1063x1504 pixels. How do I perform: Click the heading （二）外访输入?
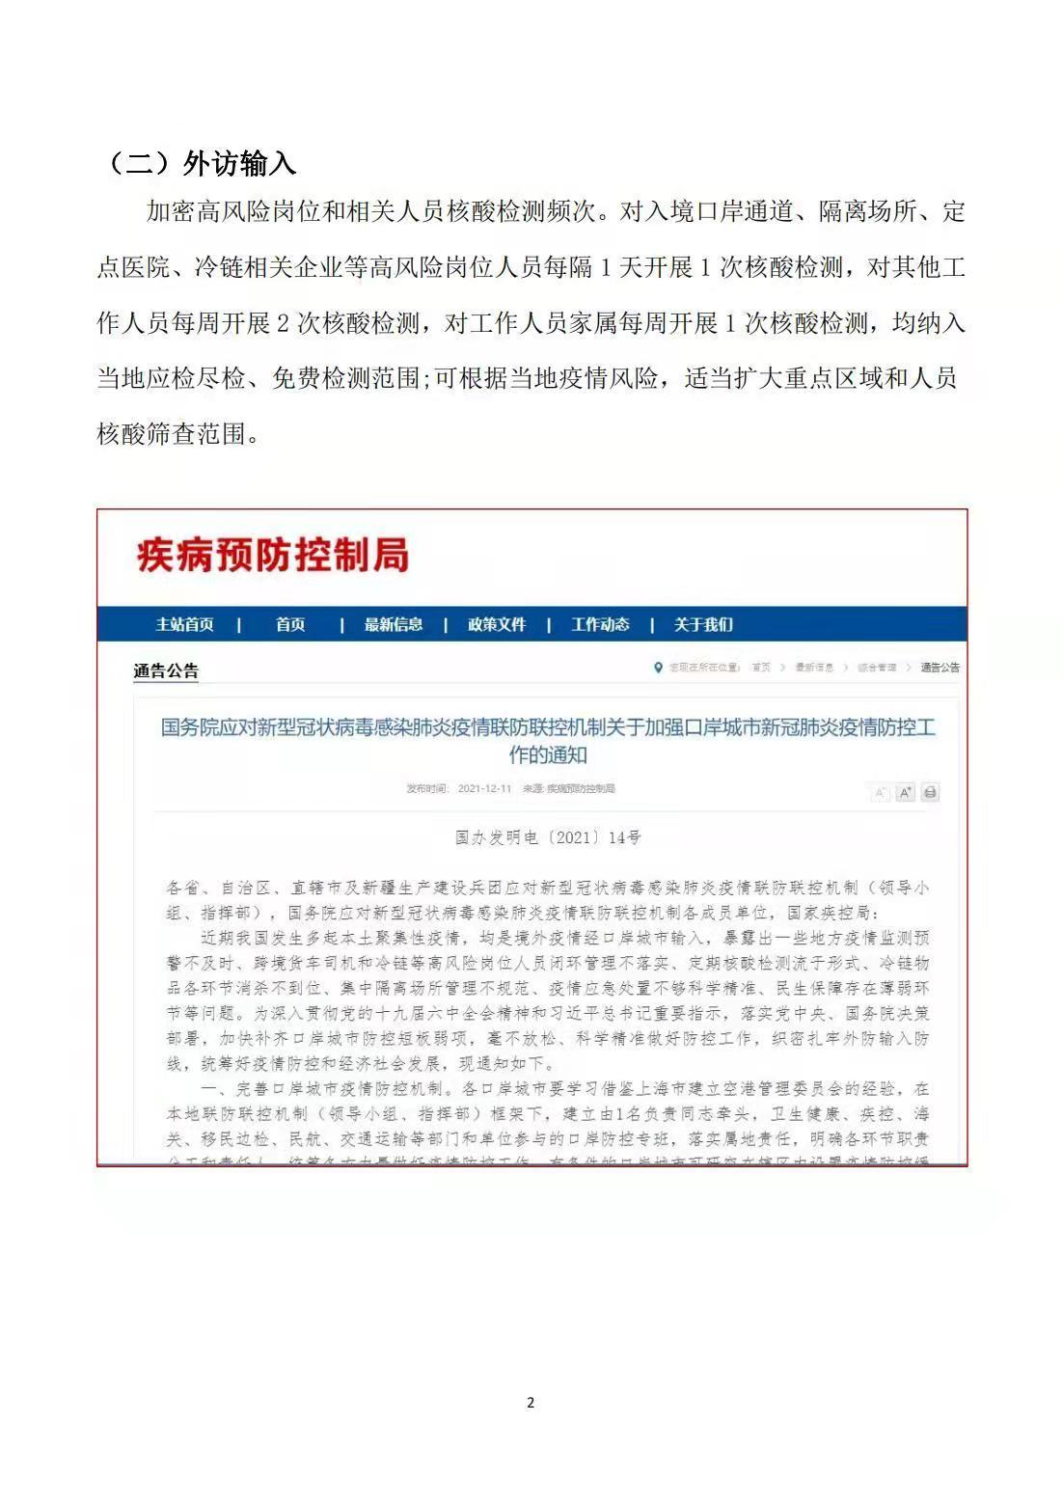[200, 164]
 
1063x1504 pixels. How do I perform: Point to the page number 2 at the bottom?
[531, 1403]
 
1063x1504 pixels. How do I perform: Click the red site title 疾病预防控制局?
[273, 556]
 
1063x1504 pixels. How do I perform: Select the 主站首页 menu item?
[185, 625]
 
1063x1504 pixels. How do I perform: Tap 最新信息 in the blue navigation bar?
[393, 625]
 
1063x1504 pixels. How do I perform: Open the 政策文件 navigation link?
[497, 625]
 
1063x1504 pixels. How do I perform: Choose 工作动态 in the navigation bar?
[600, 625]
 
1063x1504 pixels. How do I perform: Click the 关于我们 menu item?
[703, 625]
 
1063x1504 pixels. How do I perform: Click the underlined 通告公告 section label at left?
[166, 671]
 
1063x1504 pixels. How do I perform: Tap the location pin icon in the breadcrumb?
[659, 668]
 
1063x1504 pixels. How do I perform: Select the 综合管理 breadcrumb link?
[877, 668]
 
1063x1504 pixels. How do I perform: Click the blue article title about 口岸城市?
[548, 740]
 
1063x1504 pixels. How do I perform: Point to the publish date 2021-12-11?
[484, 789]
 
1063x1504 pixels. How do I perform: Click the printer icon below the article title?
[930, 793]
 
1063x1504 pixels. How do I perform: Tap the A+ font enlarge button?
[905, 793]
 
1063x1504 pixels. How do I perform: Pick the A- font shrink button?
[880, 793]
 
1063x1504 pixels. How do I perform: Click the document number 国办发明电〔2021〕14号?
[548, 837]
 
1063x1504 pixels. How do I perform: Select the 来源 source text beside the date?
[569, 789]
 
